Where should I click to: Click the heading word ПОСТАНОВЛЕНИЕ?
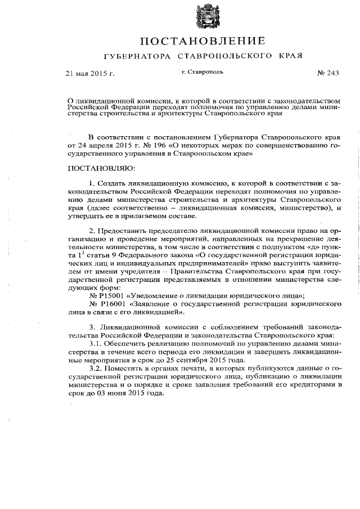tap(202, 41)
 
